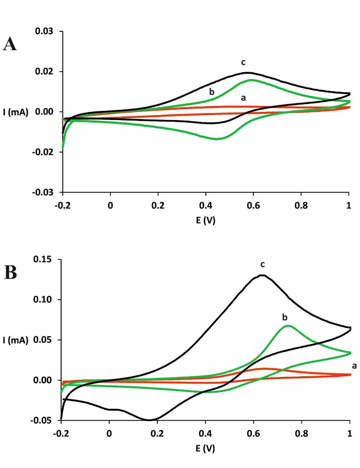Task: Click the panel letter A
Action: coord(10,44)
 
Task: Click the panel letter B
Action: coord(11,272)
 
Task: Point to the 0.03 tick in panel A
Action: coord(44,31)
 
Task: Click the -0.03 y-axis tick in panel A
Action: coord(43,192)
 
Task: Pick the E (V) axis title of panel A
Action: coord(205,220)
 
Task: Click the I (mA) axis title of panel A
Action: coord(16,112)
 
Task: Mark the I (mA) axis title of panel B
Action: coord(16,340)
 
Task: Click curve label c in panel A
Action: coord(243,62)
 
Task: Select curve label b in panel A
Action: coord(212,91)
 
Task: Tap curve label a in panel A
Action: coord(243,98)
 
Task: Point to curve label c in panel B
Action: coord(263,264)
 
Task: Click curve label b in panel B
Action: coord(285,317)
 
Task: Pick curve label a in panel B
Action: coord(354,366)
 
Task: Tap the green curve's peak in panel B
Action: coord(288,326)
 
